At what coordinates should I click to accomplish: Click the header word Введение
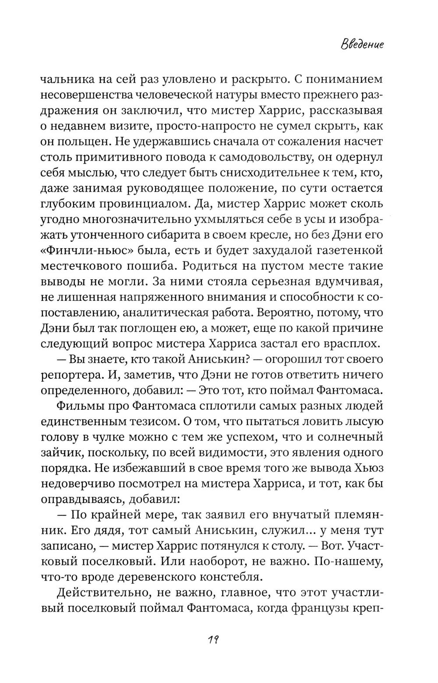click(x=362, y=45)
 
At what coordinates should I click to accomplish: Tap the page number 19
click(x=213, y=639)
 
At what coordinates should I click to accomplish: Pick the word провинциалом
click(x=127, y=204)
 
